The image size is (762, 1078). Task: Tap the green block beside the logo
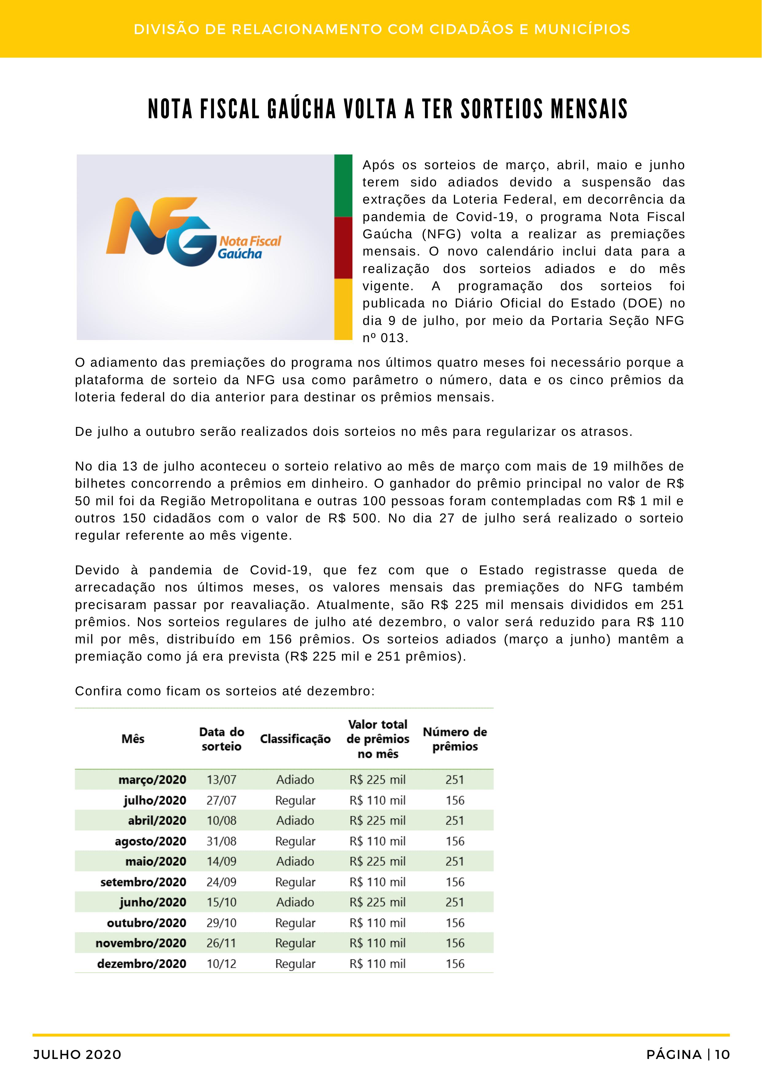coord(343,186)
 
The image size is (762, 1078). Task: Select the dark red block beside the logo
coord(343,248)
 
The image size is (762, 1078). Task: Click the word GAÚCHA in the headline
coord(301,109)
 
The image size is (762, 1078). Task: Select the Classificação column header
coord(295,739)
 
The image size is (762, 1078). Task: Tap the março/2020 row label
coord(152,780)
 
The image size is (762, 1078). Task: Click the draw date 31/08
coord(221,841)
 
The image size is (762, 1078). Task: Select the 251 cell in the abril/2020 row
coord(455,820)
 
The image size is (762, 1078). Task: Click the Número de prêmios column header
coord(455,739)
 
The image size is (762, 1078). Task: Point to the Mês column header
coord(133,739)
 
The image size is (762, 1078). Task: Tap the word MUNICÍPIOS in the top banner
coord(582,29)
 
